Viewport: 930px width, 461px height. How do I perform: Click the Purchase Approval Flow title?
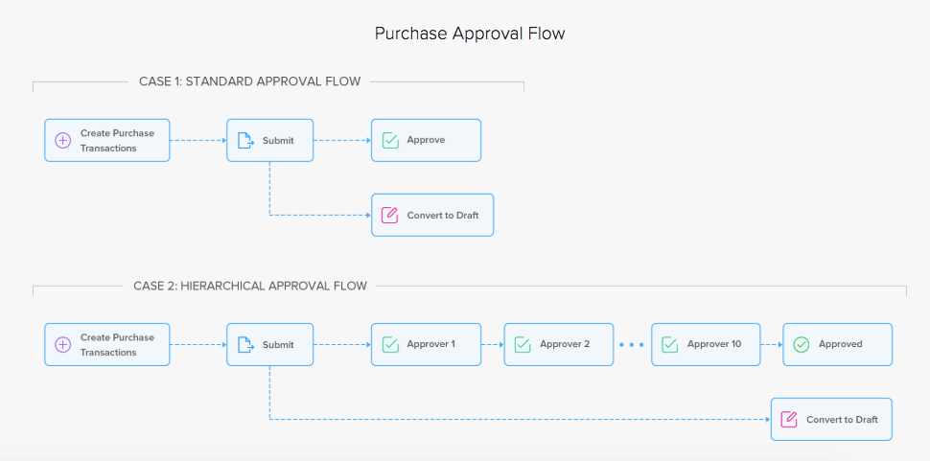(x=469, y=34)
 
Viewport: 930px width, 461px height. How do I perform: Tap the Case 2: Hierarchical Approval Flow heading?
(x=250, y=286)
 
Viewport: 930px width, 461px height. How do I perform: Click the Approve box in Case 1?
(x=426, y=140)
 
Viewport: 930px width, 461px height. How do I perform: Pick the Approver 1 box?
(x=426, y=344)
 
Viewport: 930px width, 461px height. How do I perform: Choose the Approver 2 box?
(x=559, y=344)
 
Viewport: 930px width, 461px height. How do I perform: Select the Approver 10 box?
(x=706, y=344)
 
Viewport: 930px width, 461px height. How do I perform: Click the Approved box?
(x=837, y=344)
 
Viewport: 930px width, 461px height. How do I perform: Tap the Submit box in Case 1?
(x=269, y=140)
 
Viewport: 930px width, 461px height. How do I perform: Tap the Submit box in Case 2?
(x=269, y=344)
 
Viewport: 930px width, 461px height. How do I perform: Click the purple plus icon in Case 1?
(x=63, y=141)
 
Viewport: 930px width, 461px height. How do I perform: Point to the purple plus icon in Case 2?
(x=63, y=345)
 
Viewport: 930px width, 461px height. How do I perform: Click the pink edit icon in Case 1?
(x=389, y=216)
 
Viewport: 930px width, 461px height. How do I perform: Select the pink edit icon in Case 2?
(x=789, y=420)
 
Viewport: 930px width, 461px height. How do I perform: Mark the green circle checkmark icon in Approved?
(x=802, y=344)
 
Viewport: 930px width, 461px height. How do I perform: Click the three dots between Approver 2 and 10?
(x=632, y=344)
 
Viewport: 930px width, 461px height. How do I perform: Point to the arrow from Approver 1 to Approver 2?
(x=493, y=344)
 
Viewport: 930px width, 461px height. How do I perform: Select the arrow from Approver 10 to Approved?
(x=772, y=344)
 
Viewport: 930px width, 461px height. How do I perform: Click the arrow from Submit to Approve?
(x=342, y=140)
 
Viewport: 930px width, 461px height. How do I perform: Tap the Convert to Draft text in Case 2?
(x=842, y=420)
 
